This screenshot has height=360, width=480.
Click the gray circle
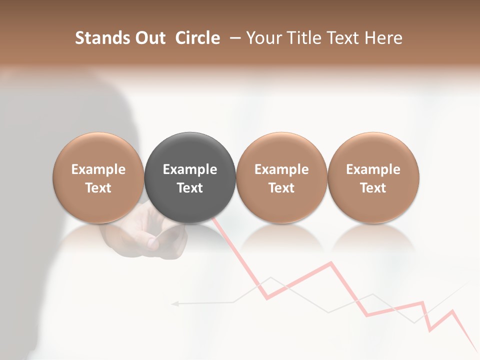tap(190, 177)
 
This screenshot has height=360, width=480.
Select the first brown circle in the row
tap(98, 177)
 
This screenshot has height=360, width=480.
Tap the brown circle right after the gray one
tap(281, 177)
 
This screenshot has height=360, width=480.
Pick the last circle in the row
tap(373, 177)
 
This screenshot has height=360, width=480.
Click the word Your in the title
tap(264, 38)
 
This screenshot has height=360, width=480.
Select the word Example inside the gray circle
tap(190, 169)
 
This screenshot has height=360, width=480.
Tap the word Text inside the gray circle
tap(190, 188)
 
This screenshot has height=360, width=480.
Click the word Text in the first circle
tap(98, 188)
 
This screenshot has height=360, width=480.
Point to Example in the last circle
tap(373, 169)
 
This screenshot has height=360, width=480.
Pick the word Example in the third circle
tap(281, 169)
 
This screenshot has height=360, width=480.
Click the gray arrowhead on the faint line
tap(174, 303)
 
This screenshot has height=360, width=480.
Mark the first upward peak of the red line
tap(330, 262)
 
